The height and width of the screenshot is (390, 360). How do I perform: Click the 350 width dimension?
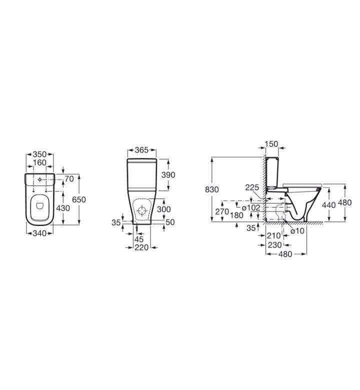pos(39,154)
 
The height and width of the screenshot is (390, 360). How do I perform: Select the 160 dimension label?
pos(39,162)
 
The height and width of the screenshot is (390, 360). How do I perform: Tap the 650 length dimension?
pos(79,199)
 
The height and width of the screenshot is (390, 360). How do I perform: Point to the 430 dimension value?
pos(63,208)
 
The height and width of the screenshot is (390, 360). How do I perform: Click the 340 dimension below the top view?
pos(39,233)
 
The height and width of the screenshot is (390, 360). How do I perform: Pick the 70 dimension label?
pos(69,178)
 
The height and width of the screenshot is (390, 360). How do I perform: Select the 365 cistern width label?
pos(141,150)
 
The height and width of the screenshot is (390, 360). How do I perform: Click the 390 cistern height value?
pos(168,175)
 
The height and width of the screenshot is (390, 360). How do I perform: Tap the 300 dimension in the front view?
pos(164,209)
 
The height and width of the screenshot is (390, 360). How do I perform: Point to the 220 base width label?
pos(141,247)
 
